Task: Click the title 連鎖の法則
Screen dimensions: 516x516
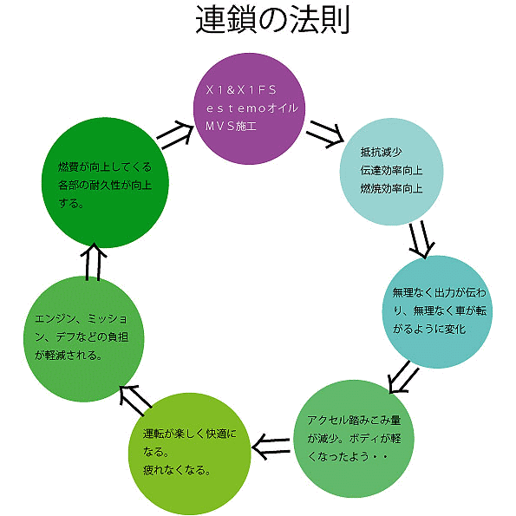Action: (272, 20)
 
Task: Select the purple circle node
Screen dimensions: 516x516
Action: (249, 108)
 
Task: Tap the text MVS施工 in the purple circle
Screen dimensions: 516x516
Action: (231, 126)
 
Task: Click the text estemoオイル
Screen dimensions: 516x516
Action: (251, 108)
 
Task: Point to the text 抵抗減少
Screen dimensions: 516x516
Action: (381, 152)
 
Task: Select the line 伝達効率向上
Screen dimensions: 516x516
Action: (391, 170)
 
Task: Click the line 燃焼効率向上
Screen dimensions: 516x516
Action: (391, 188)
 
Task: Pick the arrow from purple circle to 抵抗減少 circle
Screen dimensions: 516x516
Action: (325, 134)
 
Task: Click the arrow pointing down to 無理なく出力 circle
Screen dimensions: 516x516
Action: (421, 239)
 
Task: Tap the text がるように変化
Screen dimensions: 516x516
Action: (429, 329)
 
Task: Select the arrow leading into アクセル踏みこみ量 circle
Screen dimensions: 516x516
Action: (403, 377)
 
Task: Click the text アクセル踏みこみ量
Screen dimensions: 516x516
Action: (354, 420)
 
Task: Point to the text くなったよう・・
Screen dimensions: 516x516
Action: (347, 456)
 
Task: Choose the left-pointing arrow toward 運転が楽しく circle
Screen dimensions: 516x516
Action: (271, 447)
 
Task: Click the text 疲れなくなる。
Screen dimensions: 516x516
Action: (177, 469)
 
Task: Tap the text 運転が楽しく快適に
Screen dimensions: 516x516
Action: (190, 434)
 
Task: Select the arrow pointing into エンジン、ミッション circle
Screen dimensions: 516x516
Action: (135, 400)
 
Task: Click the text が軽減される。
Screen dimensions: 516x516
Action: (69, 355)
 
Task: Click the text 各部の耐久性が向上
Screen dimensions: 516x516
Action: (105, 185)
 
